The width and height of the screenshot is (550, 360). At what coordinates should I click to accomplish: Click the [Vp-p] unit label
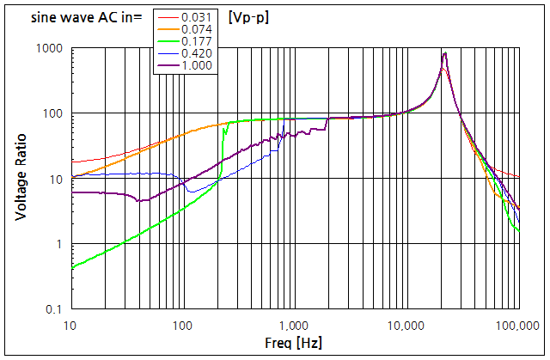coord(248,17)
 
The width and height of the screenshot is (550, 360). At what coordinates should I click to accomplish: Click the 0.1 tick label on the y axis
coord(53,308)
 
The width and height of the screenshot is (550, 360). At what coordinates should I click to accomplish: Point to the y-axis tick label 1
coord(59,244)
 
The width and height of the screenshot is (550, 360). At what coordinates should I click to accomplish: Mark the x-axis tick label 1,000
coord(294,326)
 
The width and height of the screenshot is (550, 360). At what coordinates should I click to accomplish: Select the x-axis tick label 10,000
coord(406,326)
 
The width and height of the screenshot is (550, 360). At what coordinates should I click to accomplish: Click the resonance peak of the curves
coord(444,53)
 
